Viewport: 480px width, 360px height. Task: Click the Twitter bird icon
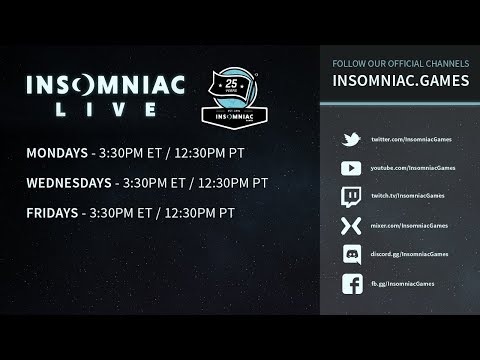(351, 139)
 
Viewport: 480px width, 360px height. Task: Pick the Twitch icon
(351, 198)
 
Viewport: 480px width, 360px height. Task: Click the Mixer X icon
(351, 227)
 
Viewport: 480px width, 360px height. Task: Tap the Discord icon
(351, 256)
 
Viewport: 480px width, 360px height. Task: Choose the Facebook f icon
(351, 286)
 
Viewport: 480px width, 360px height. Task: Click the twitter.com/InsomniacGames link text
(409, 140)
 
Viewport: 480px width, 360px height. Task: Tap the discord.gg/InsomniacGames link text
(409, 257)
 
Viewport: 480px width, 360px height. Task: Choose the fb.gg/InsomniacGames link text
(404, 286)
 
